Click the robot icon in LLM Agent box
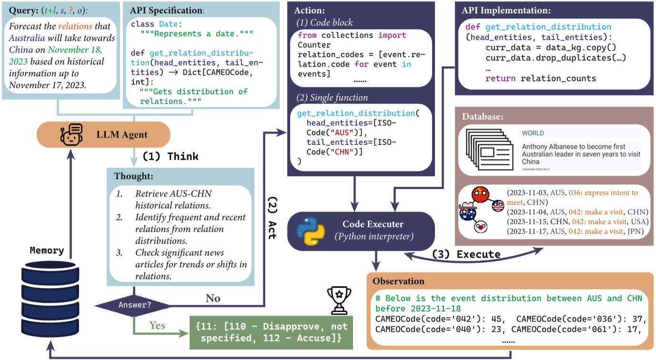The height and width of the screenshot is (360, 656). pyautogui.click(x=72, y=134)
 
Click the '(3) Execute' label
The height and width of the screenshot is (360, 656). pyautogui.click(x=466, y=254)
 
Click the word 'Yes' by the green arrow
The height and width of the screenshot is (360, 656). pyautogui.click(x=157, y=326)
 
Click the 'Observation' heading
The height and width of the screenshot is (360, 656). pyautogui.click(x=399, y=281)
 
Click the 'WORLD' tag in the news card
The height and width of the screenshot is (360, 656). pyautogui.click(x=533, y=133)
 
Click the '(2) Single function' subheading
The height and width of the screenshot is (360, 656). pyautogui.click(x=332, y=97)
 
